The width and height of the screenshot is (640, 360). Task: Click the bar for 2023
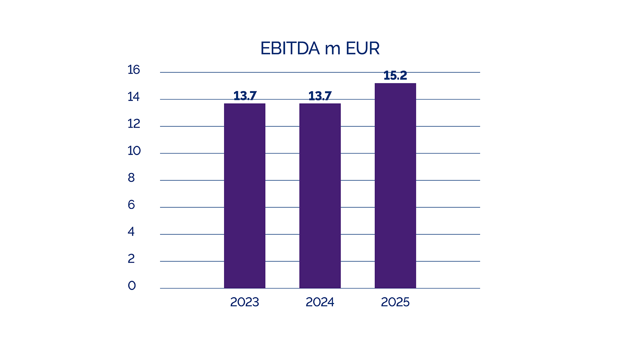pos(245,196)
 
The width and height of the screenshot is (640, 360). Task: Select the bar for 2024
pos(320,196)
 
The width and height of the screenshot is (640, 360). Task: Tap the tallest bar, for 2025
pos(395,186)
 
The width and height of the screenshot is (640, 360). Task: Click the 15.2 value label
pos(395,75)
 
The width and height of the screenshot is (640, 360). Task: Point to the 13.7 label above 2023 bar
pos(245,96)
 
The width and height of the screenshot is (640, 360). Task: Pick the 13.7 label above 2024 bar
pos(320,96)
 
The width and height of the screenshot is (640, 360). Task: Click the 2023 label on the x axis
pos(245,302)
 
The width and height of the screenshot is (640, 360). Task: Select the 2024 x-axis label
pos(320,302)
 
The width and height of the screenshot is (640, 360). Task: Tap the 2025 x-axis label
pos(395,302)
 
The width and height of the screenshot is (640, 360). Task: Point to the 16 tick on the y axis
pos(134,70)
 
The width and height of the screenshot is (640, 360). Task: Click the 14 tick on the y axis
pos(134,97)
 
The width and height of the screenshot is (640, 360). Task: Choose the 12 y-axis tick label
pos(134,124)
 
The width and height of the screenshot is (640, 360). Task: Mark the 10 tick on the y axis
pos(134,151)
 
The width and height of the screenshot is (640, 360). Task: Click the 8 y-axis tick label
pos(131,178)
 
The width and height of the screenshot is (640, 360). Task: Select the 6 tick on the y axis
pos(131,205)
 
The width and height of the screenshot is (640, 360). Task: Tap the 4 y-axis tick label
pos(131,232)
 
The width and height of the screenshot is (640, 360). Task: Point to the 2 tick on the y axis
pos(131,259)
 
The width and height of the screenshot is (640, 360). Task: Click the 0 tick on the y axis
pos(132,285)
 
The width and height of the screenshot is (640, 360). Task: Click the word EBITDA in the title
pos(290,49)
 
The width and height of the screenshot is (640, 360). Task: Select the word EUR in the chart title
pos(363,49)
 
